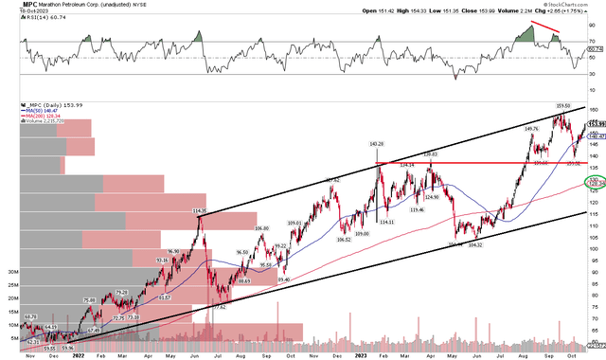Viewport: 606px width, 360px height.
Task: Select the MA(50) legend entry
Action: (19, 111)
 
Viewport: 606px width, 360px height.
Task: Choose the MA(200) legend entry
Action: (20, 117)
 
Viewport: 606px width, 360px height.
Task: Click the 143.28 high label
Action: (376, 143)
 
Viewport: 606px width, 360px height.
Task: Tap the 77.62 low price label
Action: (220, 281)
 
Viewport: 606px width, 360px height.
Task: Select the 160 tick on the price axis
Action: (594, 110)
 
